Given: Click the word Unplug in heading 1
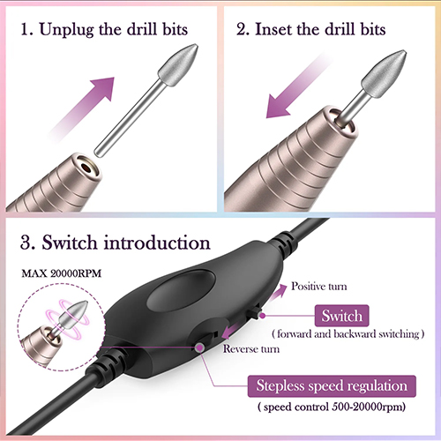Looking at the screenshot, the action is pyautogui.click(x=66, y=30).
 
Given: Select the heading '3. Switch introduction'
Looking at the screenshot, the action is pyautogui.click(x=116, y=243).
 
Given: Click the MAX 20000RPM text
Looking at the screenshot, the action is pyautogui.click(x=62, y=273).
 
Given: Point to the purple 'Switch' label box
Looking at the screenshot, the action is pyautogui.click(x=341, y=316).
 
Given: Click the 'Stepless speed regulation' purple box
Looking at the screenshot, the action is pyautogui.click(x=332, y=386).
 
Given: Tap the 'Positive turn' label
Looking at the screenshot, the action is pyautogui.click(x=319, y=286).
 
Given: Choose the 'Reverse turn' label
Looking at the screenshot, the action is pyautogui.click(x=251, y=349).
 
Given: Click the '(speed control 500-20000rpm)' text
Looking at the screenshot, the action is pyautogui.click(x=332, y=407).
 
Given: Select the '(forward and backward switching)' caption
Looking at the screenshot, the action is pyautogui.click(x=348, y=334).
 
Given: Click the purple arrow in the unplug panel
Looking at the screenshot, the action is pyautogui.click(x=82, y=106).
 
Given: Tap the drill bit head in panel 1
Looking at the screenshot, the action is pyautogui.click(x=178, y=64).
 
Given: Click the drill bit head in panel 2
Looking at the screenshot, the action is pyautogui.click(x=384, y=71).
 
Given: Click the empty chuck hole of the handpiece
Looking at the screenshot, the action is pyautogui.click(x=86, y=168).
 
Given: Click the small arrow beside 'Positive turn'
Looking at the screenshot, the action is pyautogui.click(x=278, y=292).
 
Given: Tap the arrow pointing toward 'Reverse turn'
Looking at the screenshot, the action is pyautogui.click(x=231, y=332).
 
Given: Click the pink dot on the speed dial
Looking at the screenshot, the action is pyautogui.click(x=200, y=348).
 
